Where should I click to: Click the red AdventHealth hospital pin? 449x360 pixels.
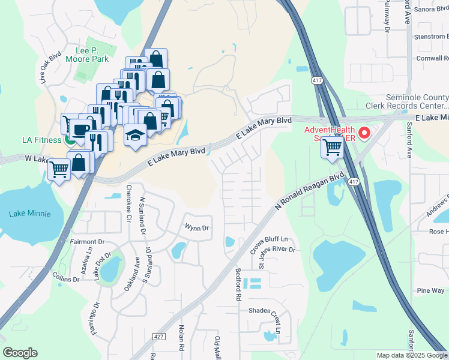[363, 132]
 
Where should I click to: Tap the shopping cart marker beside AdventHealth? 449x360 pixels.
[332, 147]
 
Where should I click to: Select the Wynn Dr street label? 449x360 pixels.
[196, 228]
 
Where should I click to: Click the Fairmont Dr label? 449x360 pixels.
[87, 242]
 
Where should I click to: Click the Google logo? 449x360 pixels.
[20, 353]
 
